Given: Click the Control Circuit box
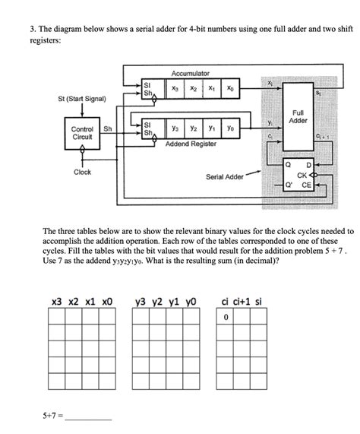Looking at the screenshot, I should pos(83,132).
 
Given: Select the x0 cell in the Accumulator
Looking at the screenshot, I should pos(230,89).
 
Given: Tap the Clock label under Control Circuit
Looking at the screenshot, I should pos(82,173).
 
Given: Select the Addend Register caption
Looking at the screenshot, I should pos(190,144).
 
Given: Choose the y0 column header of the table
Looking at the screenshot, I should pos(191,302).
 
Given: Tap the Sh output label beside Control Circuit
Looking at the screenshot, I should pos(108,128).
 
